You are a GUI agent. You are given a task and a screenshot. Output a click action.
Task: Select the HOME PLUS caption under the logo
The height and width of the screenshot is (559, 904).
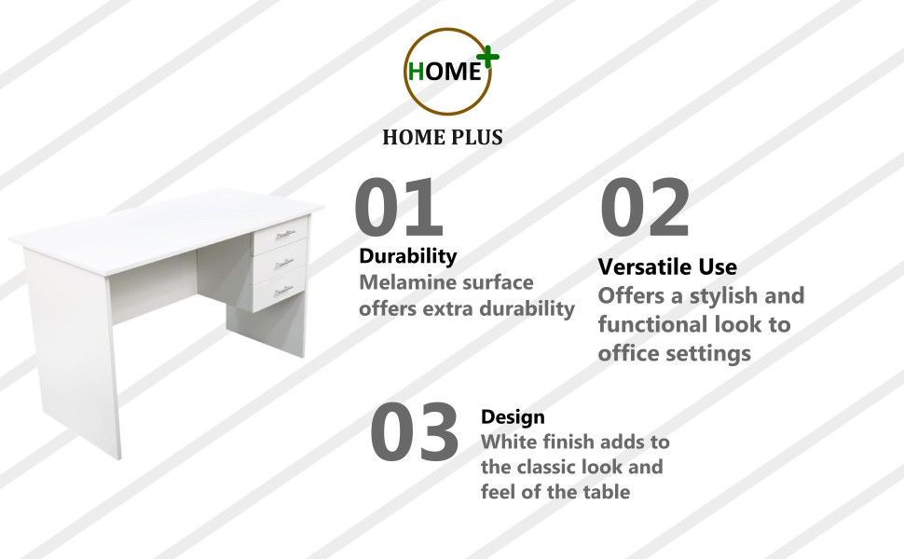pyautogui.click(x=443, y=138)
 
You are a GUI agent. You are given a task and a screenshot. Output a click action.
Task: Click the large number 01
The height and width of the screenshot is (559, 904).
pyautogui.click(x=398, y=208)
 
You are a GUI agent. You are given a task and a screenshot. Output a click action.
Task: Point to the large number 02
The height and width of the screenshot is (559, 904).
pyautogui.click(x=644, y=208)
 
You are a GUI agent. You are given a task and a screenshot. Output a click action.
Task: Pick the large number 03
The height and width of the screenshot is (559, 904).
pyautogui.click(x=415, y=433)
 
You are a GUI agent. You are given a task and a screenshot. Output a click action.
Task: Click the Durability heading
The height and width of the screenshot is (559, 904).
pyautogui.click(x=408, y=255)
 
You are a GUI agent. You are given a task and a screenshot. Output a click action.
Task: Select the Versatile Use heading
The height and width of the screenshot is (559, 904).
pyautogui.click(x=667, y=267)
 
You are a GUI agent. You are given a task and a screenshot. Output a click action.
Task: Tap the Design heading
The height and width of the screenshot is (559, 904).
pyautogui.click(x=513, y=416)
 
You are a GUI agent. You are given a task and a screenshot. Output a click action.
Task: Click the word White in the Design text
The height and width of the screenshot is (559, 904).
pyautogui.click(x=507, y=441)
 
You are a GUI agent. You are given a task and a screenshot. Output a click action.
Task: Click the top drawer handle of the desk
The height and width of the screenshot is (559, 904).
pyautogui.click(x=284, y=235)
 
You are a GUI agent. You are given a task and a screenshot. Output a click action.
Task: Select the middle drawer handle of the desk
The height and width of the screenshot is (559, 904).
pyautogui.click(x=284, y=264)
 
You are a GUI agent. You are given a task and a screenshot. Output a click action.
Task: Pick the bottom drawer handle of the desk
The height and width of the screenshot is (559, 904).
pyautogui.click(x=284, y=290)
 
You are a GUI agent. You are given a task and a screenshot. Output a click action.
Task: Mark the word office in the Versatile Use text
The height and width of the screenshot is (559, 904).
pyautogui.click(x=628, y=354)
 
